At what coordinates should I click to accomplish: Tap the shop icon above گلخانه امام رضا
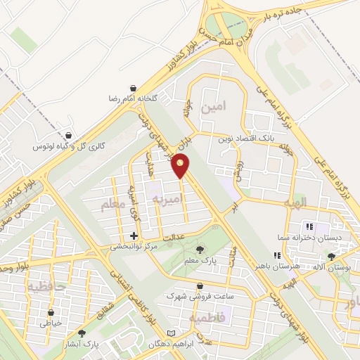coord(132,87)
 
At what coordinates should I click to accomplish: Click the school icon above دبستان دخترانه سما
coord(309,226)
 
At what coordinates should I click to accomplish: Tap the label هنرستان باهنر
coord(285,268)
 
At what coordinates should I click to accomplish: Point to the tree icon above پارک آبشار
coord(82,333)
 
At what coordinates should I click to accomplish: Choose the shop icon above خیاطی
coord(51,312)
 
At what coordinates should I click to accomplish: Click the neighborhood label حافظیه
coord(47,286)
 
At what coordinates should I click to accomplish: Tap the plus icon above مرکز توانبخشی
coord(134,236)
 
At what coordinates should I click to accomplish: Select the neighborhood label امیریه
coord(168,200)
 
